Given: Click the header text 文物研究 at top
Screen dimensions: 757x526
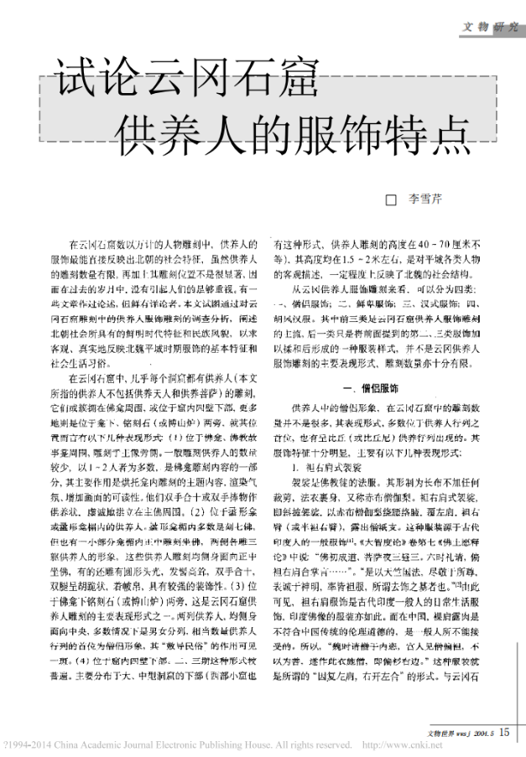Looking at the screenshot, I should [491, 27].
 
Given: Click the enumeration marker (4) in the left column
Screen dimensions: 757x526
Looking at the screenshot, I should [82, 680].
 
